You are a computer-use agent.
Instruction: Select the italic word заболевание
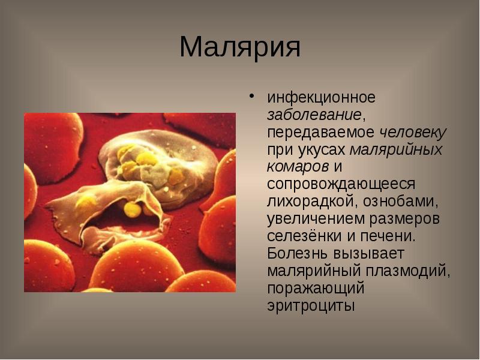pos(314,114)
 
